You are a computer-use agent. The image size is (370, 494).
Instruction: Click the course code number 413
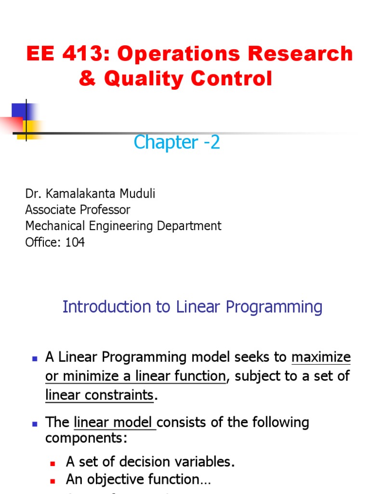point(85,54)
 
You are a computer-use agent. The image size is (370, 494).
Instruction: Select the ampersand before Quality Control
point(87,79)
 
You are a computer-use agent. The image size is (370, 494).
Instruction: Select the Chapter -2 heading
point(177,142)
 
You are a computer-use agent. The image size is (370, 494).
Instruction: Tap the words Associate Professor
point(78,210)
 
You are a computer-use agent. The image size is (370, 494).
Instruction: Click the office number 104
point(75,242)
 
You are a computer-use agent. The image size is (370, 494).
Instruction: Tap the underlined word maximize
point(321,357)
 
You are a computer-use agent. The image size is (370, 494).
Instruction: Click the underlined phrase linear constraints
point(99,395)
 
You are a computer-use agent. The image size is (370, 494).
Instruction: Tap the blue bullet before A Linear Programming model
point(34,358)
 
